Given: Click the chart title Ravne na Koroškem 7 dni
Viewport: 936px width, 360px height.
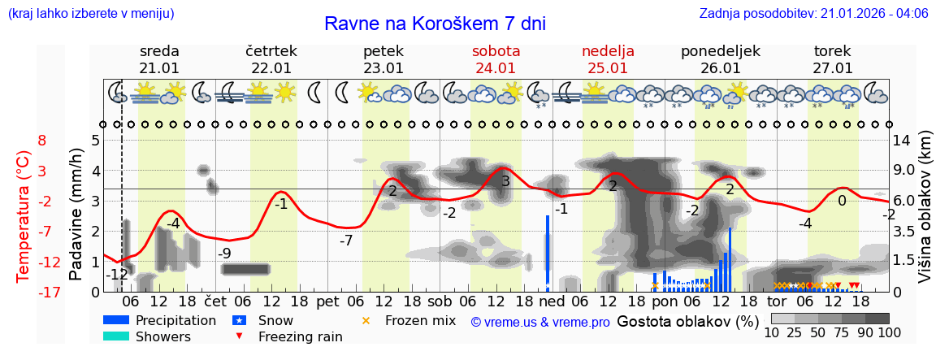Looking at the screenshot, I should tap(435, 24).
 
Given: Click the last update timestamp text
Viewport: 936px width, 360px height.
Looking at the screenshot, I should tap(813, 14).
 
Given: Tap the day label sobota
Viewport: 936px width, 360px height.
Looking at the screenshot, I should tap(496, 51).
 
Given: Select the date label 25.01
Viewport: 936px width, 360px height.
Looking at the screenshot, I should tap(608, 68).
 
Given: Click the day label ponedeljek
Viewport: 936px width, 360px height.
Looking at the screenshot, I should tap(720, 51).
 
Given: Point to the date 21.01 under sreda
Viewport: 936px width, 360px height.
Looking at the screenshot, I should tap(159, 68).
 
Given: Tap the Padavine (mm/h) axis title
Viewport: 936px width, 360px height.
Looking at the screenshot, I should tap(76, 215).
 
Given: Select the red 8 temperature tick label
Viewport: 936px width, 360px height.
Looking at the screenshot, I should tap(41, 141).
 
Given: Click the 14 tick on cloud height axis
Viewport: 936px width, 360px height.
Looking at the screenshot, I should tap(903, 141).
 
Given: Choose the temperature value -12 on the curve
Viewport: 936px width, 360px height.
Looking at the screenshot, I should tap(118, 275).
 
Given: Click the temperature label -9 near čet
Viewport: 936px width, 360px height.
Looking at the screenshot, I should tap(225, 253).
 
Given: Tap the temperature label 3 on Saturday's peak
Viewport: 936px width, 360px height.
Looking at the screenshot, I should tap(505, 181).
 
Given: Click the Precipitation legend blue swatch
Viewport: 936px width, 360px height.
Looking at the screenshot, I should tap(116, 320).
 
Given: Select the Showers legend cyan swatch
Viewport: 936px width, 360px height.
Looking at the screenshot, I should tap(116, 336).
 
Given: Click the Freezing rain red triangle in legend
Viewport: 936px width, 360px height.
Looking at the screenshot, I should tap(238, 336).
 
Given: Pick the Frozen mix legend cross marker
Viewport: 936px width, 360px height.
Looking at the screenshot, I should tap(366, 320).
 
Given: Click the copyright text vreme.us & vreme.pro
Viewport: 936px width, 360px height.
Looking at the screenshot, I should tap(540, 322).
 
